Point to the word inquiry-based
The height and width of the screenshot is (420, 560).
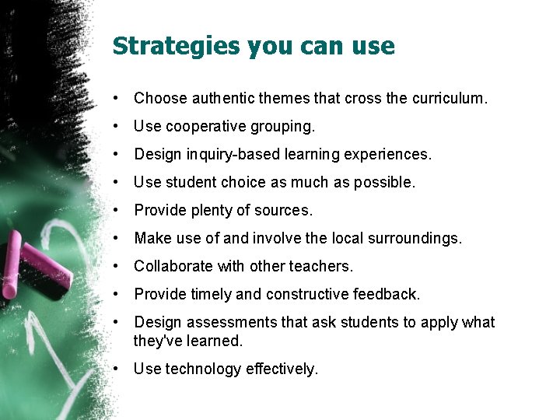[x=226, y=154]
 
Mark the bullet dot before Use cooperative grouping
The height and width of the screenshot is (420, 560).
[x=114, y=126]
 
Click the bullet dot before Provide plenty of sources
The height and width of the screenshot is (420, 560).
[x=114, y=210]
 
